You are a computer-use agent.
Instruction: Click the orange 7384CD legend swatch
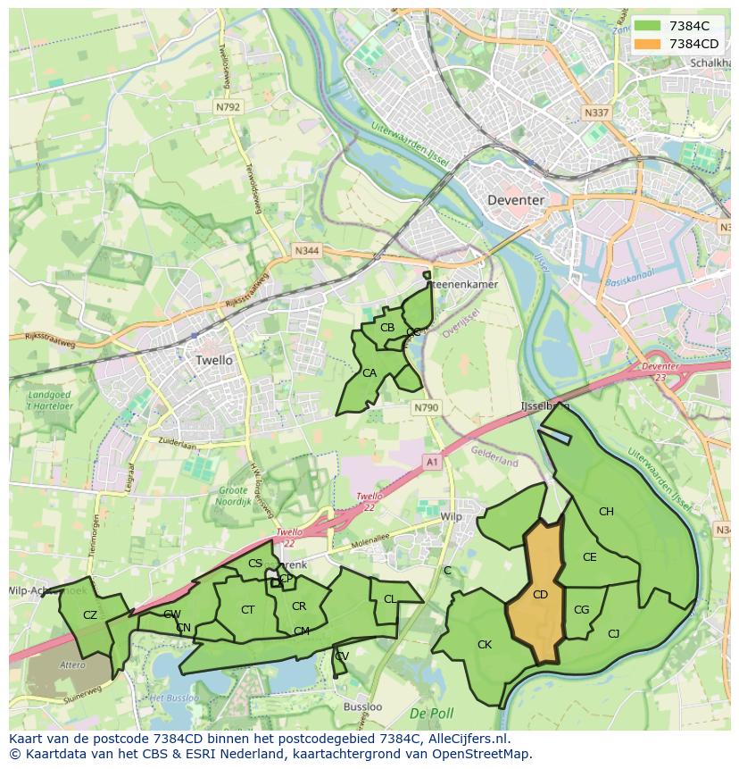point(649,44)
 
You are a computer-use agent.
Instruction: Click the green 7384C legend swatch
point(649,26)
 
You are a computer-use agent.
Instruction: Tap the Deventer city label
point(516,200)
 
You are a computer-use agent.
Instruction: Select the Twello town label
point(213,360)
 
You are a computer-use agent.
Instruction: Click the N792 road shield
point(228,106)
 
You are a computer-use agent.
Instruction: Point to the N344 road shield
point(306,252)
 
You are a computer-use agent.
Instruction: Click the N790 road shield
point(426,407)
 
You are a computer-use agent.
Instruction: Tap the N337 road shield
point(596,113)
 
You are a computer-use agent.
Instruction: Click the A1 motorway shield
point(433,462)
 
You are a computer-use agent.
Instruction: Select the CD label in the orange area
point(540,594)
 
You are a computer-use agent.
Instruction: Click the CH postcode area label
point(606,512)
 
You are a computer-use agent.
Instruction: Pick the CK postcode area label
point(485,644)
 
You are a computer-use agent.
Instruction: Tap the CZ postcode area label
point(90,614)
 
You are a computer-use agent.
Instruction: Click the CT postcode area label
point(248,609)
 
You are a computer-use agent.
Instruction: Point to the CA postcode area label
point(369,372)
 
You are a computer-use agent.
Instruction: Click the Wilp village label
point(452,517)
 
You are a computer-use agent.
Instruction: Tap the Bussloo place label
point(362,706)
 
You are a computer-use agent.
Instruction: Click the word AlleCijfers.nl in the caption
point(468,739)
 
